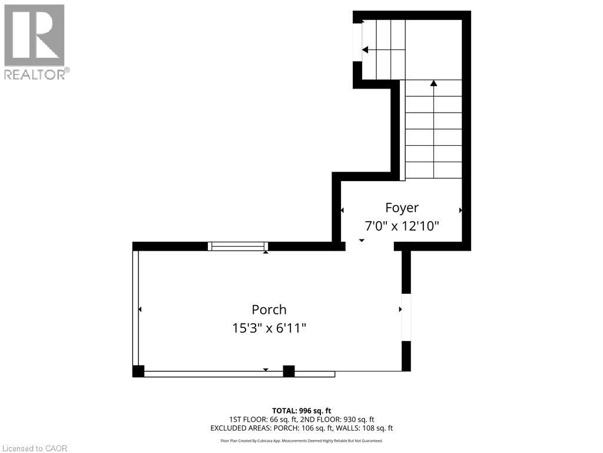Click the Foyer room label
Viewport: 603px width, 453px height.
(x=402, y=208)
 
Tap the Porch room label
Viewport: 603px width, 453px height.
(x=269, y=310)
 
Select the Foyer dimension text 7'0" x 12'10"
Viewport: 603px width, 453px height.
(x=402, y=226)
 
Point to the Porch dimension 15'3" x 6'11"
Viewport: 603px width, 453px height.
(x=269, y=328)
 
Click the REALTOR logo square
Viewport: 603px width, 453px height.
(x=34, y=35)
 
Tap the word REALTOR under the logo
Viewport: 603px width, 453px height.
(x=35, y=74)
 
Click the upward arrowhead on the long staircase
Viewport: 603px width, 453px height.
(x=434, y=83)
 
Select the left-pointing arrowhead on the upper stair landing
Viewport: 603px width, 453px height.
(x=365, y=50)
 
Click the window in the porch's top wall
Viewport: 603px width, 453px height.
(x=238, y=246)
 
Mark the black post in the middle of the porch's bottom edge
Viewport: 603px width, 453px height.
(x=289, y=372)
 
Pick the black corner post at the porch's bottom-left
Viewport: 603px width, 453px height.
(x=138, y=372)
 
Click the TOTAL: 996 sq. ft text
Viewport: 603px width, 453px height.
(x=301, y=411)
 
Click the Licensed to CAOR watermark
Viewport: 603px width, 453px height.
(x=35, y=448)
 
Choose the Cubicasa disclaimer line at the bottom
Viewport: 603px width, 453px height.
(x=301, y=441)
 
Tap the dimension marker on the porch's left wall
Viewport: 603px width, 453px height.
(x=140, y=309)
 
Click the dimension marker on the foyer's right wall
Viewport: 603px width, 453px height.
(x=460, y=211)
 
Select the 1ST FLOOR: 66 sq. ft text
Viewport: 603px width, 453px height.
(x=262, y=419)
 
